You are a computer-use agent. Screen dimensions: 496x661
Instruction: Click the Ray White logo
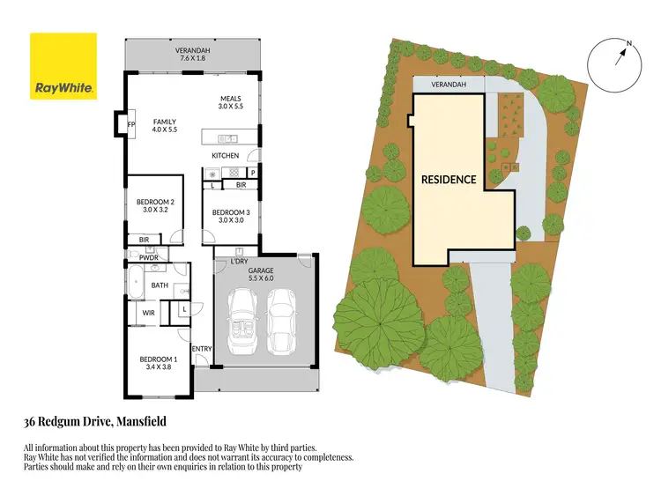pos(63,66)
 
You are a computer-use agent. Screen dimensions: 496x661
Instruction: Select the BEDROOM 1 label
pos(159,359)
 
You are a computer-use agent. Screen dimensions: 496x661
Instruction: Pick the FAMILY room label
pos(164,122)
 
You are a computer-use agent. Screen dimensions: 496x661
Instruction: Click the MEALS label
pos(232,99)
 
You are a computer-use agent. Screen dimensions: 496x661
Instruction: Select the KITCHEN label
pos(225,156)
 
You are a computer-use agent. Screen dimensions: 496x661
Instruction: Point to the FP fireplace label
pos(131,124)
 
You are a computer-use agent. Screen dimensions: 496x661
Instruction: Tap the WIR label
pos(149,312)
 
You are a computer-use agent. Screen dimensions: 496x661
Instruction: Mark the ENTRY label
pos(202,349)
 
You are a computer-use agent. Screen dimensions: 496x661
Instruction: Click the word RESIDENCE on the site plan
pos(448,180)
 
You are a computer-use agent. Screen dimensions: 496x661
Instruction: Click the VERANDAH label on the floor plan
pos(192,51)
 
